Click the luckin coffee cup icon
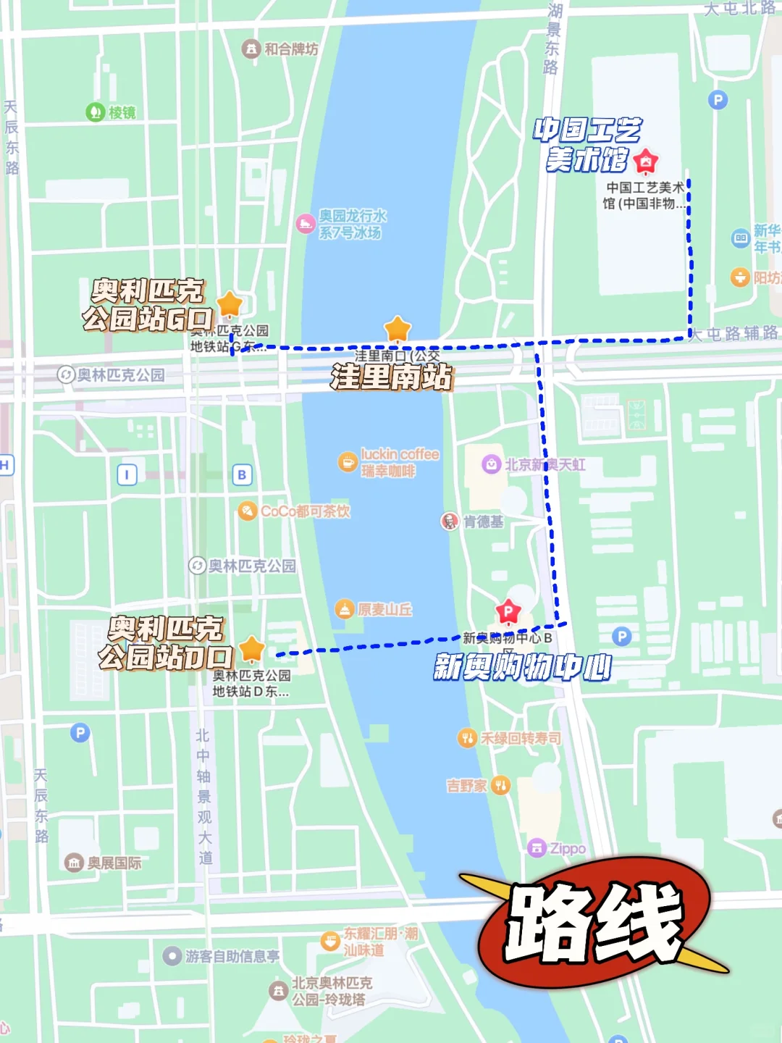pos(348,461)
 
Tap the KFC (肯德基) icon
pos(450,521)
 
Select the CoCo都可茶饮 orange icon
pos(248,511)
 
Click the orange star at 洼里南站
pos(398,329)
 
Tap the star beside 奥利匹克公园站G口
pos(230,304)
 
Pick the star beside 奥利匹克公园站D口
pos(252,649)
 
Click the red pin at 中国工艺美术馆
pos(645,162)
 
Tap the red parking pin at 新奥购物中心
pos(508,613)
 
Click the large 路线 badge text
pos(594,923)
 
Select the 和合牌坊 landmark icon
pos(251,49)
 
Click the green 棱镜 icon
pos(96,112)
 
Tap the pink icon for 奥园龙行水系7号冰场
pos(306,224)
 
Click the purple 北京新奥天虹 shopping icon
pos(492,464)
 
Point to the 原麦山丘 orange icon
pos(345,609)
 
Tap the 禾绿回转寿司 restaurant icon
pos(467,738)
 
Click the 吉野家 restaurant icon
pos(500,785)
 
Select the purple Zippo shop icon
pos(537,847)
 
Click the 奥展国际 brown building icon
pos(74,862)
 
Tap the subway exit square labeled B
pos(242,474)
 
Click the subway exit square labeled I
pos(127,474)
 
